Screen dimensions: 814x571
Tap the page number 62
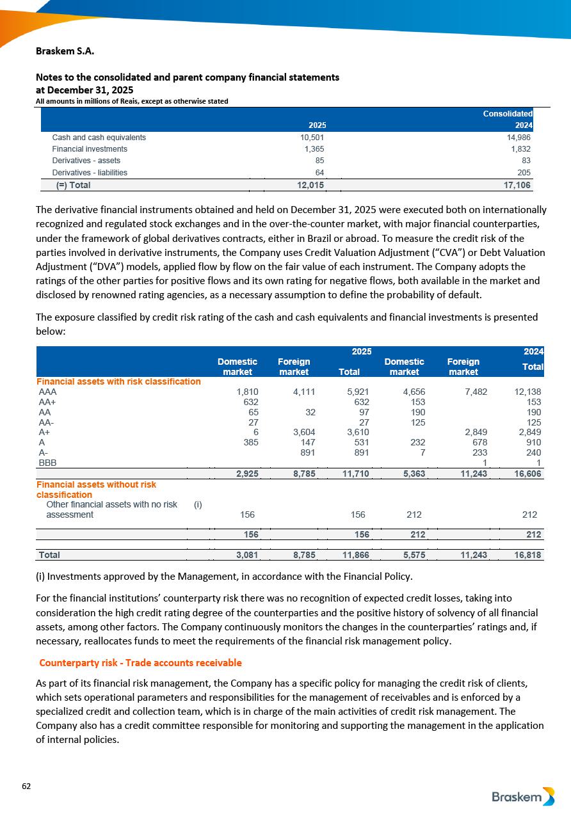pos(26,786)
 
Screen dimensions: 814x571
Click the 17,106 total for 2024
pos(517,185)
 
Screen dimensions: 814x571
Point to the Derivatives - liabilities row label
pos(90,172)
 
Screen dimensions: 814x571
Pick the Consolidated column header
pos(508,113)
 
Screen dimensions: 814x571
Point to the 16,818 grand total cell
pos(528,555)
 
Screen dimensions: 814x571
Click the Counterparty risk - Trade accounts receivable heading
pos(140,662)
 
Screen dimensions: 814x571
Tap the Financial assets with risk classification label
pos(118,381)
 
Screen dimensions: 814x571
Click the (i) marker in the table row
pos(198,505)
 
